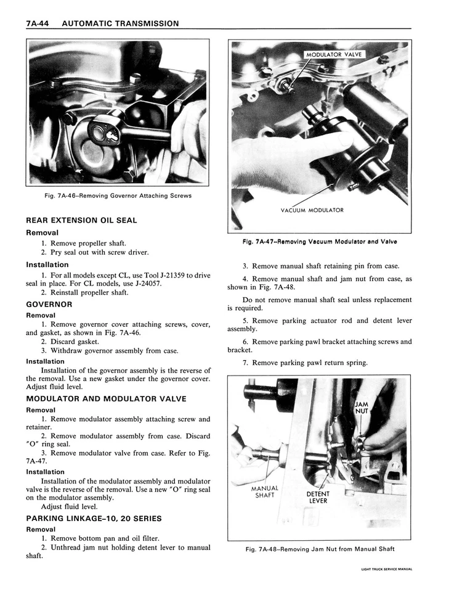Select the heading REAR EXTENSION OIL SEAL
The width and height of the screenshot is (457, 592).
[x=81, y=220]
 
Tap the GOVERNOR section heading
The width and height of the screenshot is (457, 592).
[x=49, y=304]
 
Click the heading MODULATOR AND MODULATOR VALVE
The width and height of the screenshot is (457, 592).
[x=106, y=399]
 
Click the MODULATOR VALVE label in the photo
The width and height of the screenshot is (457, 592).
[x=334, y=55]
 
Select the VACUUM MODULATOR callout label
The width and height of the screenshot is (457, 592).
[x=312, y=210]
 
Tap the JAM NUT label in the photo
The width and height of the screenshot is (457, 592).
[x=362, y=408]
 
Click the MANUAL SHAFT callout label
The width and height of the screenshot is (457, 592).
[x=265, y=491]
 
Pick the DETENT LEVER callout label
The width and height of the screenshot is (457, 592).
[x=318, y=497]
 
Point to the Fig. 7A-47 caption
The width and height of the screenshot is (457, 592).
[x=320, y=242]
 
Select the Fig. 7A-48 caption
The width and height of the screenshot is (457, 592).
[x=319, y=549]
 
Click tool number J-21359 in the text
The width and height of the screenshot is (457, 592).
[x=166, y=275]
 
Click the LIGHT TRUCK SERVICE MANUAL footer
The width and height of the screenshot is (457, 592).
[x=386, y=569]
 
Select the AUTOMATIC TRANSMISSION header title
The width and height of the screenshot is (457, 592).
[x=121, y=23]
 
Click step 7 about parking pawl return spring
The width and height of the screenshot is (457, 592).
[x=305, y=363]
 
